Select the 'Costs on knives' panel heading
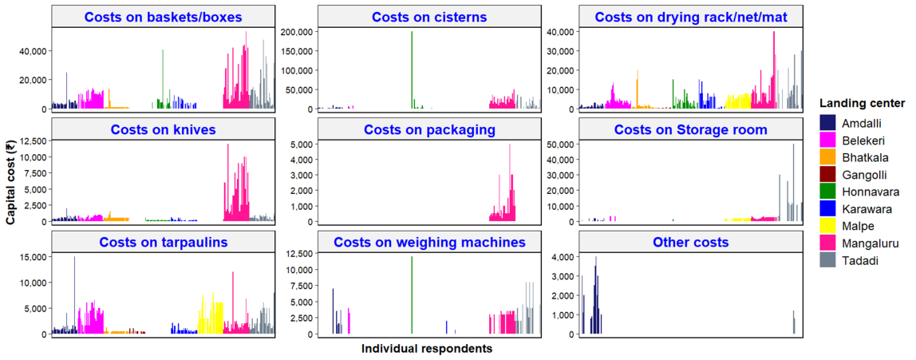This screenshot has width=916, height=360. point(163,129)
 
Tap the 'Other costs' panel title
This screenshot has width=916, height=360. point(689,242)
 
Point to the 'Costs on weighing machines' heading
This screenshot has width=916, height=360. point(429,242)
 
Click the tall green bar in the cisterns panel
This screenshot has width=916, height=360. point(412,72)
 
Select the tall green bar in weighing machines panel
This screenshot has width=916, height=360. point(412,295)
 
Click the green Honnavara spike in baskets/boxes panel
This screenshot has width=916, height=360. point(163,80)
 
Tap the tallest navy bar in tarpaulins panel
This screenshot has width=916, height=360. point(75,295)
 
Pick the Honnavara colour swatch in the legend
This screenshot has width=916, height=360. point(828,192)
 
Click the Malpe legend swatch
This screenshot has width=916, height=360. point(828,226)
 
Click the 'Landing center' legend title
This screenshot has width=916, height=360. point(861,103)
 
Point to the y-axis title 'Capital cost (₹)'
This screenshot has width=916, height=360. point(11,179)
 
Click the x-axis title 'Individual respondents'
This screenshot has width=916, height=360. point(427,349)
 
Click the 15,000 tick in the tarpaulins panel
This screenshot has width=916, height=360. point(31,257)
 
